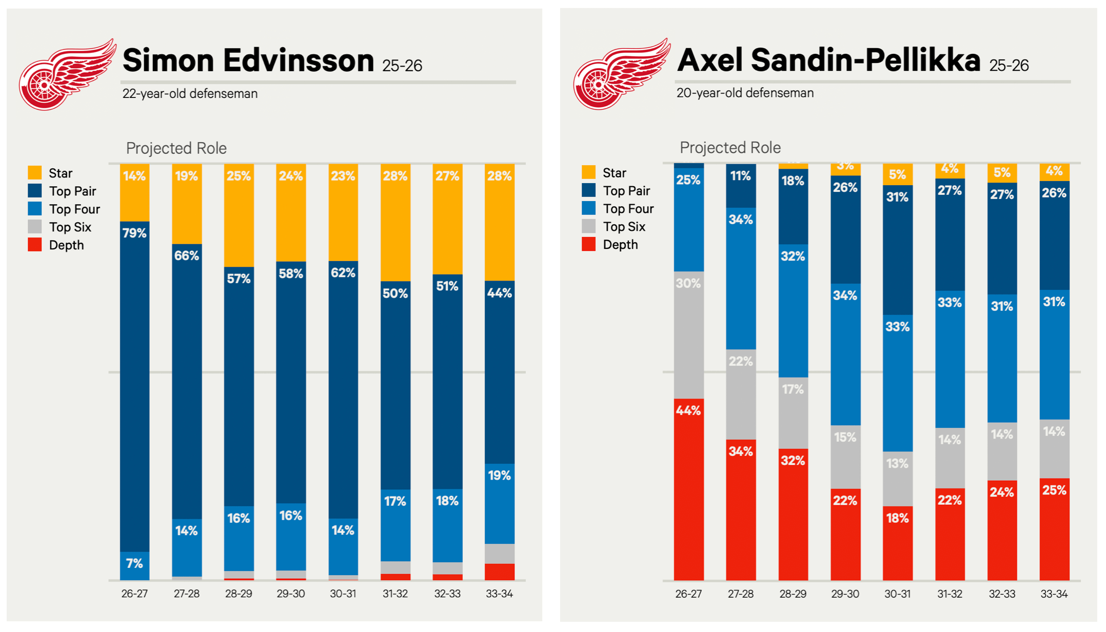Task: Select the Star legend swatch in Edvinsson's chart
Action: (x=35, y=173)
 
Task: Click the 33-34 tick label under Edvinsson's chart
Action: (x=499, y=594)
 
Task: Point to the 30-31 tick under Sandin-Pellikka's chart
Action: (x=897, y=594)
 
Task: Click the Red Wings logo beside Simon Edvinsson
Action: (x=67, y=75)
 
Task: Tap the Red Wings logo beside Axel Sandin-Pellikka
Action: (x=621, y=74)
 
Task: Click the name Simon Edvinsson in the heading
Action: (x=248, y=61)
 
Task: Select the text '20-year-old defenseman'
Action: (x=745, y=93)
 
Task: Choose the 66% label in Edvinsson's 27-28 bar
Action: (x=186, y=255)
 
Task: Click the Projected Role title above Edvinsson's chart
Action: (x=176, y=148)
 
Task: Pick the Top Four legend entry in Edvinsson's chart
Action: (x=74, y=209)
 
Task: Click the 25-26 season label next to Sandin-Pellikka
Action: (x=1009, y=66)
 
